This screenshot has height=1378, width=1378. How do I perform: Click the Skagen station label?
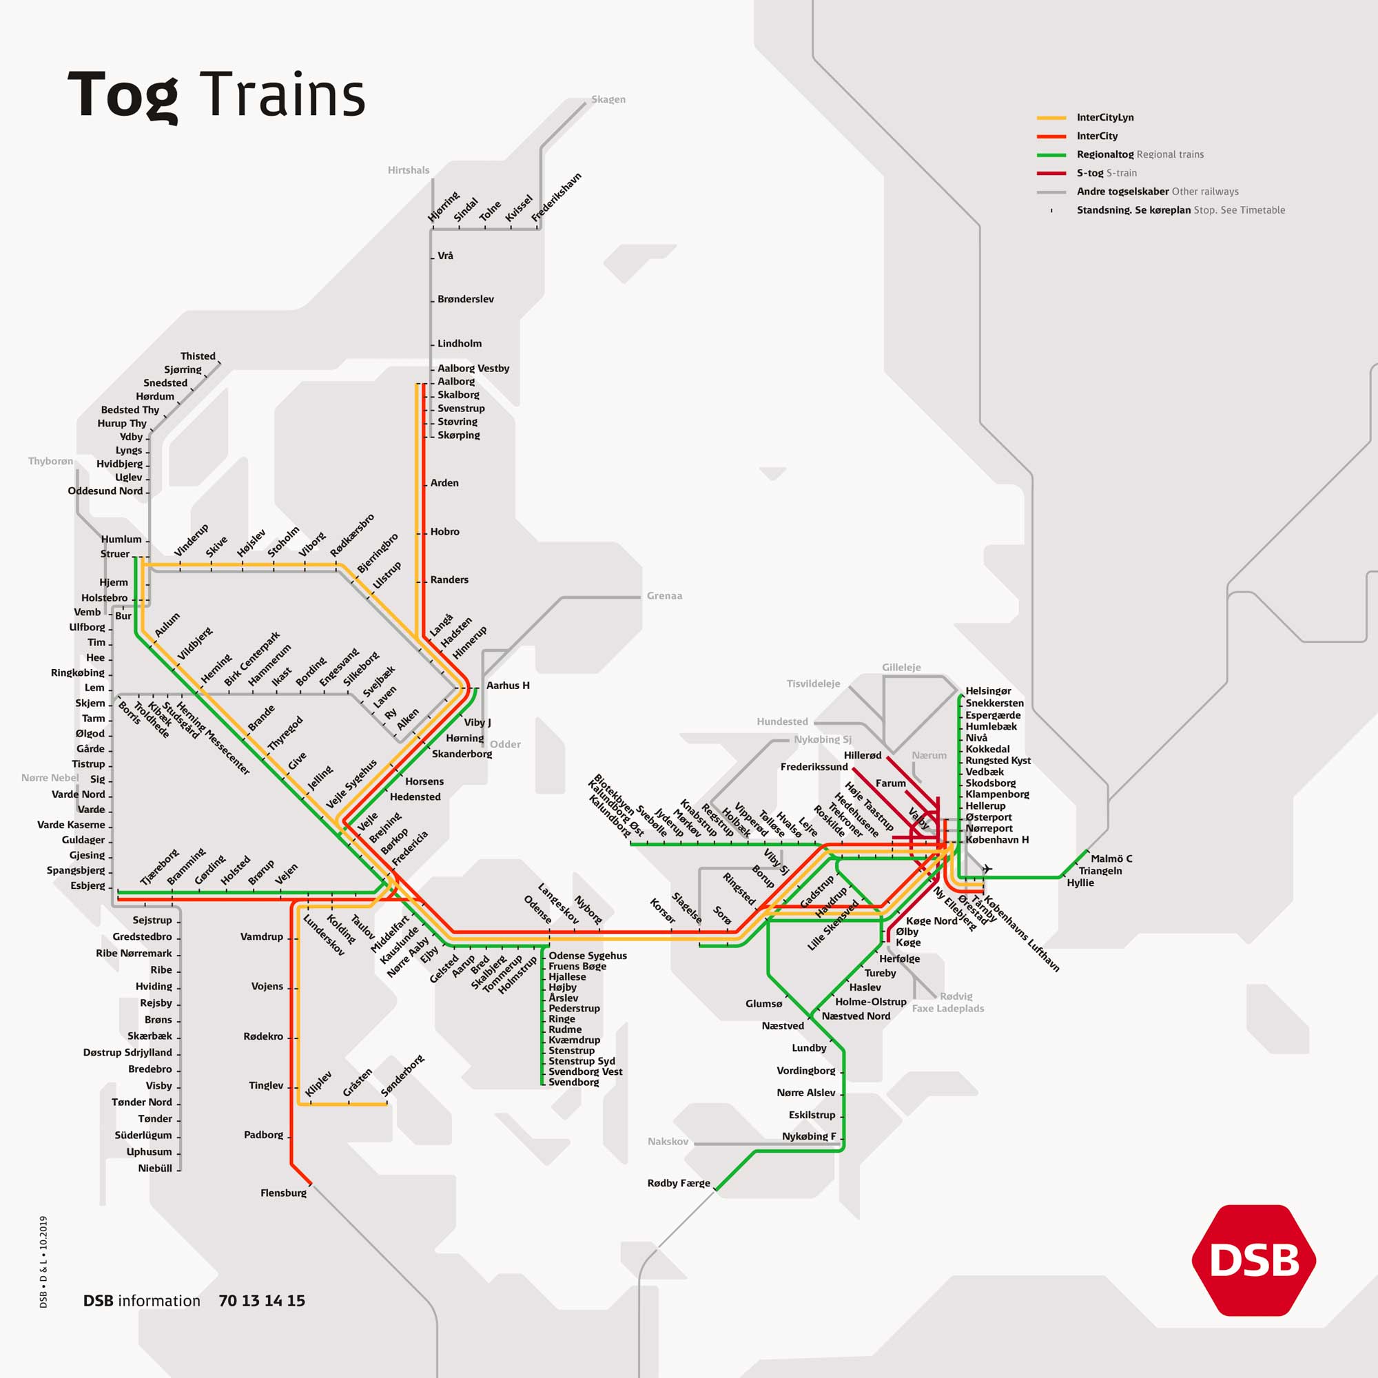pos(608,99)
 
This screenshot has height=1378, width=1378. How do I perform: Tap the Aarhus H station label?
pos(507,686)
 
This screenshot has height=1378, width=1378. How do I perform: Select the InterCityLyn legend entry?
pos(1105,118)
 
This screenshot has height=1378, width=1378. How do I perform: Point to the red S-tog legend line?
pos(1051,174)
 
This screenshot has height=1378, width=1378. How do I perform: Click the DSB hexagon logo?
pos(1253,1260)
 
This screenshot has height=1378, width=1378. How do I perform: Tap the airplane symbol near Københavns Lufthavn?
pos(987,869)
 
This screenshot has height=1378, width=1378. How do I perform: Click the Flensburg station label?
pos(283,1193)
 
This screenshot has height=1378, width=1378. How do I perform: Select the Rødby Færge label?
pos(678,1183)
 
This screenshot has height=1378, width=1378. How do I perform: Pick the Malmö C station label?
pos(1111,858)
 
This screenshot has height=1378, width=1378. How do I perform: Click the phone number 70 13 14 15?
pos(262,1301)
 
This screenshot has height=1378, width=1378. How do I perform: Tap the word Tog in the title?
pos(123,95)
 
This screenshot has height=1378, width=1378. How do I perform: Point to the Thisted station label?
pos(198,356)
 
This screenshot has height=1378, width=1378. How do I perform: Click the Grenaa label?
pos(664,595)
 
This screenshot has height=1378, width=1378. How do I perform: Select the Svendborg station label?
pos(573,1082)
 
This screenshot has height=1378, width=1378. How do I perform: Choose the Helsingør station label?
pos(988,691)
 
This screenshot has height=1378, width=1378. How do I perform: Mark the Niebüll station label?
pos(155,1169)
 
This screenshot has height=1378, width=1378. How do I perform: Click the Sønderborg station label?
pos(402,1075)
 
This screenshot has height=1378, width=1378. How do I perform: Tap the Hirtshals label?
pos(408,170)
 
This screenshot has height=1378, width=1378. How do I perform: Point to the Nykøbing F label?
pos(808,1136)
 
